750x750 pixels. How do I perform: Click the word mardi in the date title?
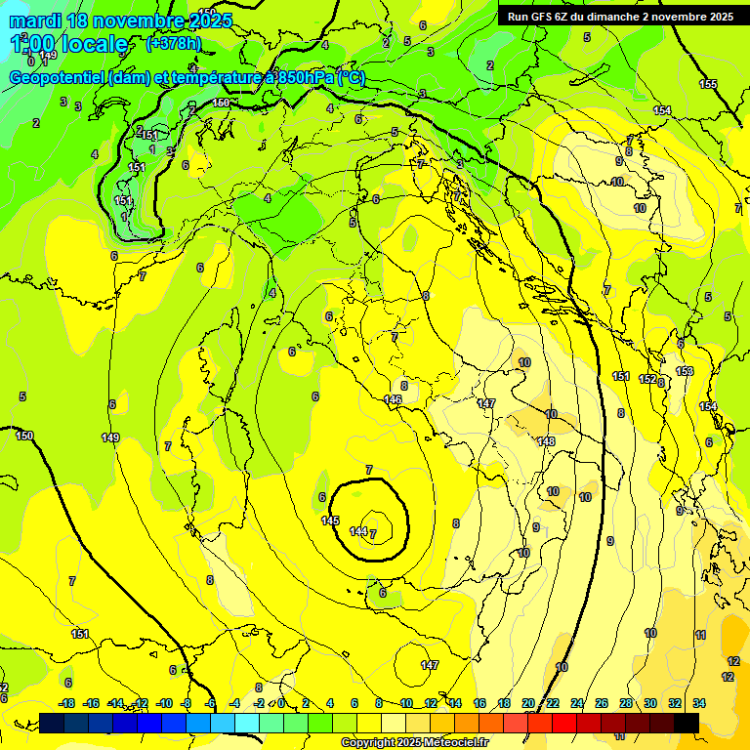coord(35,21)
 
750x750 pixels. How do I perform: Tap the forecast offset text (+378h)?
coord(175,43)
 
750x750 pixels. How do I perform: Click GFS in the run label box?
coord(546,17)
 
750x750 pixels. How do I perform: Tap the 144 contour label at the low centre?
coord(358,531)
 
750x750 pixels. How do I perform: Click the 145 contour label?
coord(331,521)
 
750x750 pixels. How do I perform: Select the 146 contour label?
coord(393,399)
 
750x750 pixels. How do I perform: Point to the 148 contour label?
coord(546,441)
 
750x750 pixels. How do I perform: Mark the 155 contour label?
coord(708,84)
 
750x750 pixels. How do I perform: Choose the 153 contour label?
coord(685,371)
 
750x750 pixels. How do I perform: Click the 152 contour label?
coord(647,379)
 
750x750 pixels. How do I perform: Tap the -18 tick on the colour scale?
coord(66,703)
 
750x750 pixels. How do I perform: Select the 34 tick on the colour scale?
coord(699,703)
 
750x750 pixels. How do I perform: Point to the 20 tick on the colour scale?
coord(528,703)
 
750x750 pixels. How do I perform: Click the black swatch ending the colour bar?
coord(687,723)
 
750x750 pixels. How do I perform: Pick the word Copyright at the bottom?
coord(367,743)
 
